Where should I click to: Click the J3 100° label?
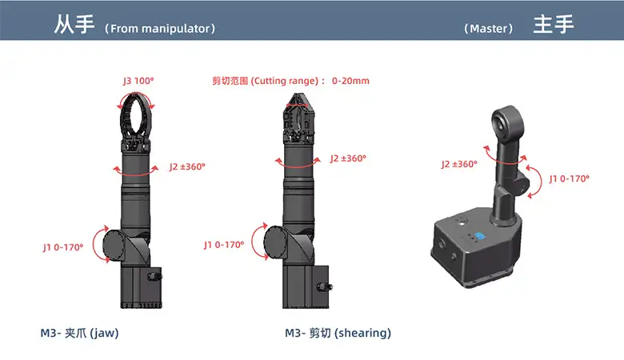[138, 81]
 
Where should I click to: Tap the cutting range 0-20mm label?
[290, 81]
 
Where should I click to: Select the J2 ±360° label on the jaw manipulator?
[187, 166]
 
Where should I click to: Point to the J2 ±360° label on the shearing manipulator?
[348, 158]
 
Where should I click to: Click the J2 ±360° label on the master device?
[459, 164]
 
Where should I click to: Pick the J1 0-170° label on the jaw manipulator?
[63, 247]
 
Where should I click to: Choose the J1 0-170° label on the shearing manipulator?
[224, 245]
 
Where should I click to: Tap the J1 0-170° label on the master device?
[569, 178]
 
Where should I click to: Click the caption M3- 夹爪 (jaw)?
[79, 333]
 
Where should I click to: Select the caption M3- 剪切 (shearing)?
[338, 333]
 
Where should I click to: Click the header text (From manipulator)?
[160, 29]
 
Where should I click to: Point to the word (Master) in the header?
[488, 29]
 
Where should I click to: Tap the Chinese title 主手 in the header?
[554, 24]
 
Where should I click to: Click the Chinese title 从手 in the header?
[74, 24]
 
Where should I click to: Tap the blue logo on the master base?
[480, 236]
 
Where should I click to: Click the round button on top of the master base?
[462, 220]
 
